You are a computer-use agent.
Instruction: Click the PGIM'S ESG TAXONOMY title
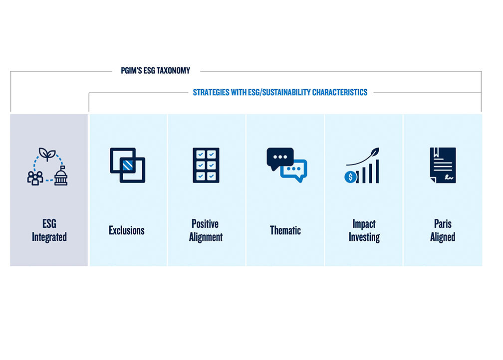(x=156, y=70)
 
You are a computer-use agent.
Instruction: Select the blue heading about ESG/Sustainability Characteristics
(x=280, y=92)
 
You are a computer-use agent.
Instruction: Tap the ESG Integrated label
(x=49, y=230)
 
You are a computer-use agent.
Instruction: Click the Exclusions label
(x=127, y=230)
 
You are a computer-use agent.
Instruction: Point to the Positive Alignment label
(x=206, y=230)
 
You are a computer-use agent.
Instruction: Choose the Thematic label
(x=285, y=230)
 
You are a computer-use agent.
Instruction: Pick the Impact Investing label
(x=364, y=230)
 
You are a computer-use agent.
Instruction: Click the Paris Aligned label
(x=443, y=230)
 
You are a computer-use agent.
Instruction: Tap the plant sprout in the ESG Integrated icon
(x=47, y=154)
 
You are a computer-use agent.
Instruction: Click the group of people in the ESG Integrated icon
(x=35, y=178)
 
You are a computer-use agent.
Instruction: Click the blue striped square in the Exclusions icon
(x=128, y=165)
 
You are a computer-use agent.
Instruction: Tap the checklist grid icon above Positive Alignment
(x=206, y=165)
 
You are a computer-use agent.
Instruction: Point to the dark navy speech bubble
(x=280, y=158)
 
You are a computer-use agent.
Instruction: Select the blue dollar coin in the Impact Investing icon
(x=350, y=177)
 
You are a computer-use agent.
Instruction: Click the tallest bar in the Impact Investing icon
(x=377, y=172)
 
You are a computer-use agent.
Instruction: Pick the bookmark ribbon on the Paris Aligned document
(x=436, y=152)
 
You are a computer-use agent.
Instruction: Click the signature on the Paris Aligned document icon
(x=449, y=177)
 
